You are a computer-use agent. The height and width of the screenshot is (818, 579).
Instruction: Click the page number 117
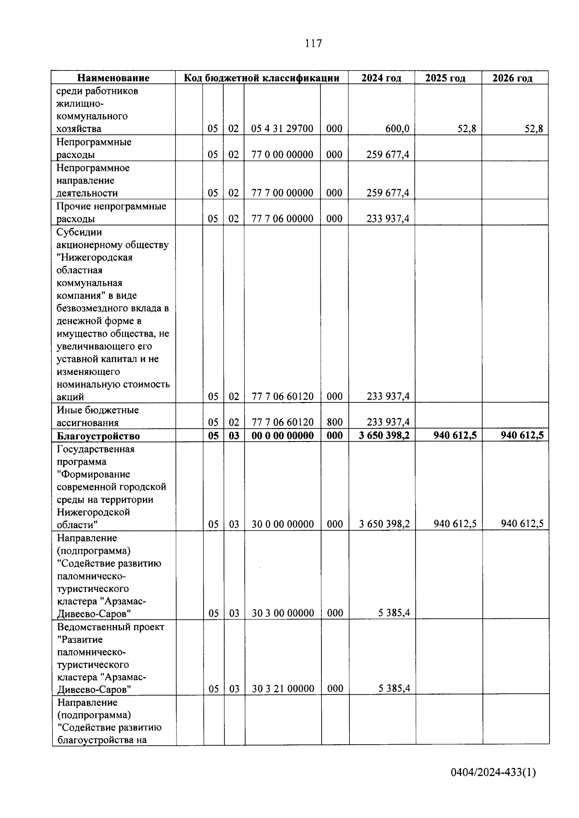313,43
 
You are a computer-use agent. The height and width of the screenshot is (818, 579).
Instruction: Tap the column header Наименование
113,78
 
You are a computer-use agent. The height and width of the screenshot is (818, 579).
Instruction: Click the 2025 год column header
445,78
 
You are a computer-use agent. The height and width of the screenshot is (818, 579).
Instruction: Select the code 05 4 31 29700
282,129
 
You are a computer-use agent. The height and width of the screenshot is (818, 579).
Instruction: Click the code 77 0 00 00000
282,155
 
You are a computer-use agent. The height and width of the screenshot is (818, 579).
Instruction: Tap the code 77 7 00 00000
282,193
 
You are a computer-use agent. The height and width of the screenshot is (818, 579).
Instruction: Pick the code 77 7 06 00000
282,218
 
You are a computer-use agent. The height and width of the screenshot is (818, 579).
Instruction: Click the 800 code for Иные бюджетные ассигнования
334,422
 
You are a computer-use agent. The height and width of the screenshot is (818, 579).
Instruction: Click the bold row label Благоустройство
98,436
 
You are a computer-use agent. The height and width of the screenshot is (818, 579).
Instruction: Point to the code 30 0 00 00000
282,524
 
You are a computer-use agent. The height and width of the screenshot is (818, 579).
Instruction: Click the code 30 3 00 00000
283,613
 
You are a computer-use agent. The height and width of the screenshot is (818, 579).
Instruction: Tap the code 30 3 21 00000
283,689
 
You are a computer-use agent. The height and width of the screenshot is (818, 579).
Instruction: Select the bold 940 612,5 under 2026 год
522,435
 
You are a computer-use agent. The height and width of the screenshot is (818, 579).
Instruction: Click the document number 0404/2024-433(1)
493,773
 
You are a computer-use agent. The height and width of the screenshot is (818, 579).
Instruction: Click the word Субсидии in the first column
79,232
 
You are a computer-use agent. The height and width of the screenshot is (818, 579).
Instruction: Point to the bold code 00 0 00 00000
282,435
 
